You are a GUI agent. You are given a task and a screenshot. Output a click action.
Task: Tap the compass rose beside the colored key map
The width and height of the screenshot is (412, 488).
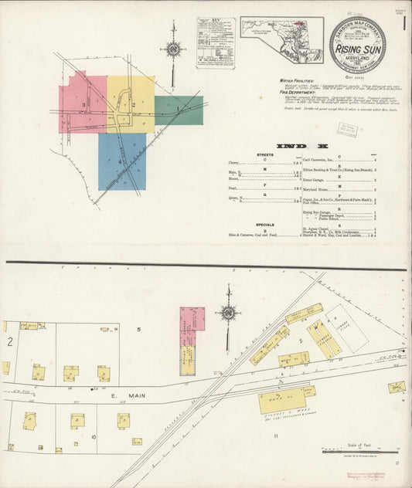click(173, 49)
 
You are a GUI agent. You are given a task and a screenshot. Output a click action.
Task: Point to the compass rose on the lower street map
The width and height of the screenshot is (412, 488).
click(227, 313)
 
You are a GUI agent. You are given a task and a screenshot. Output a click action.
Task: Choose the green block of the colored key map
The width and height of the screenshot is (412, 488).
click(179, 110)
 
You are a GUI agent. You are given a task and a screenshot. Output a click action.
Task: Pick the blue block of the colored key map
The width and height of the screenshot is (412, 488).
click(120, 161)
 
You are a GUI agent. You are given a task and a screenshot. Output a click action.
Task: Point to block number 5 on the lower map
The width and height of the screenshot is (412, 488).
click(139, 330)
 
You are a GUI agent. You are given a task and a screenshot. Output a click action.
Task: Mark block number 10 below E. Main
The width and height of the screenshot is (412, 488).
click(93, 437)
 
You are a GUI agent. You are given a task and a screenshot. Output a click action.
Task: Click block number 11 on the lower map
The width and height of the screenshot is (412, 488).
click(275, 436)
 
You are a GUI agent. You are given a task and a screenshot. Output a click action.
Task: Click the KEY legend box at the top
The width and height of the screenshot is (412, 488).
click(216, 43)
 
